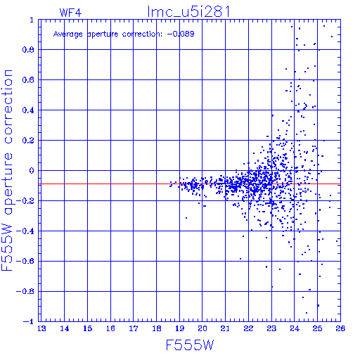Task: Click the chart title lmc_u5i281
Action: click(188, 12)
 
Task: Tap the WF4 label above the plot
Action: click(70, 13)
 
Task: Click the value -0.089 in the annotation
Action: click(181, 34)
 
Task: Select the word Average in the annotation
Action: click(68, 34)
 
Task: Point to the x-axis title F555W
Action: click(190, 345)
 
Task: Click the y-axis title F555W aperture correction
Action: click(7, 170)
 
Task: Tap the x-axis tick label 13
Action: click(41, 328)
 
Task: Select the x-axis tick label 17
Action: click(134, 328)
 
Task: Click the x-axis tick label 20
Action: click(202, 328)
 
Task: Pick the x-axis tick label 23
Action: click(271, 328)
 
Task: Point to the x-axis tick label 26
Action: click(340, 328)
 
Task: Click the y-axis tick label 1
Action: click(32, 20)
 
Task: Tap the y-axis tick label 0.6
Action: click(28, 80)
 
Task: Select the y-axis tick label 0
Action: click(32, 170)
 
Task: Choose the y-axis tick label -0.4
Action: click(25, 231)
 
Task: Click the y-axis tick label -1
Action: click(29, 321)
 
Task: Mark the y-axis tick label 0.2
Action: click(28, 141)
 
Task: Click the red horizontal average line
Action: click(189, 184)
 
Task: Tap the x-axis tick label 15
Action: click(88, 328)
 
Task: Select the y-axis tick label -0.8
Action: click(25, 291)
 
